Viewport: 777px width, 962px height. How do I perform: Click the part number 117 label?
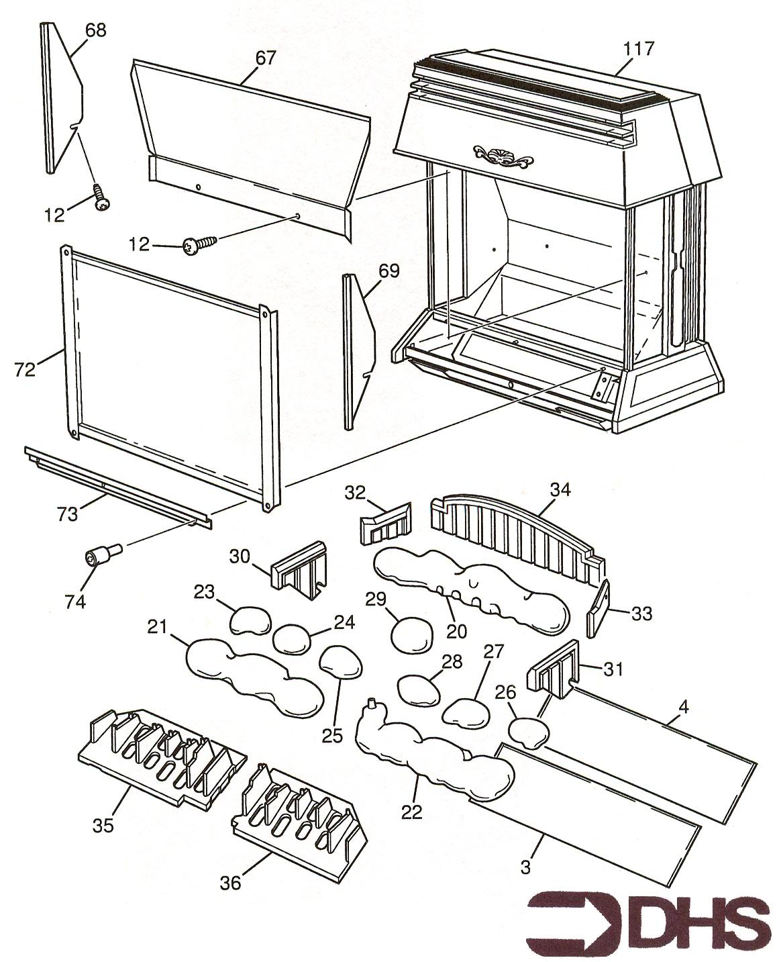click(637, 48)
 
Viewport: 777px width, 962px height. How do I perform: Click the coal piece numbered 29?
click(411, 633)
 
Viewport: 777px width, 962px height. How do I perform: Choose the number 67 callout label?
click(265, 58)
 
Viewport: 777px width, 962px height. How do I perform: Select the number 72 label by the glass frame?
click(25, 369)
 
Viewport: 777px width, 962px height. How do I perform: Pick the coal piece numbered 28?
click(419, 689)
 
